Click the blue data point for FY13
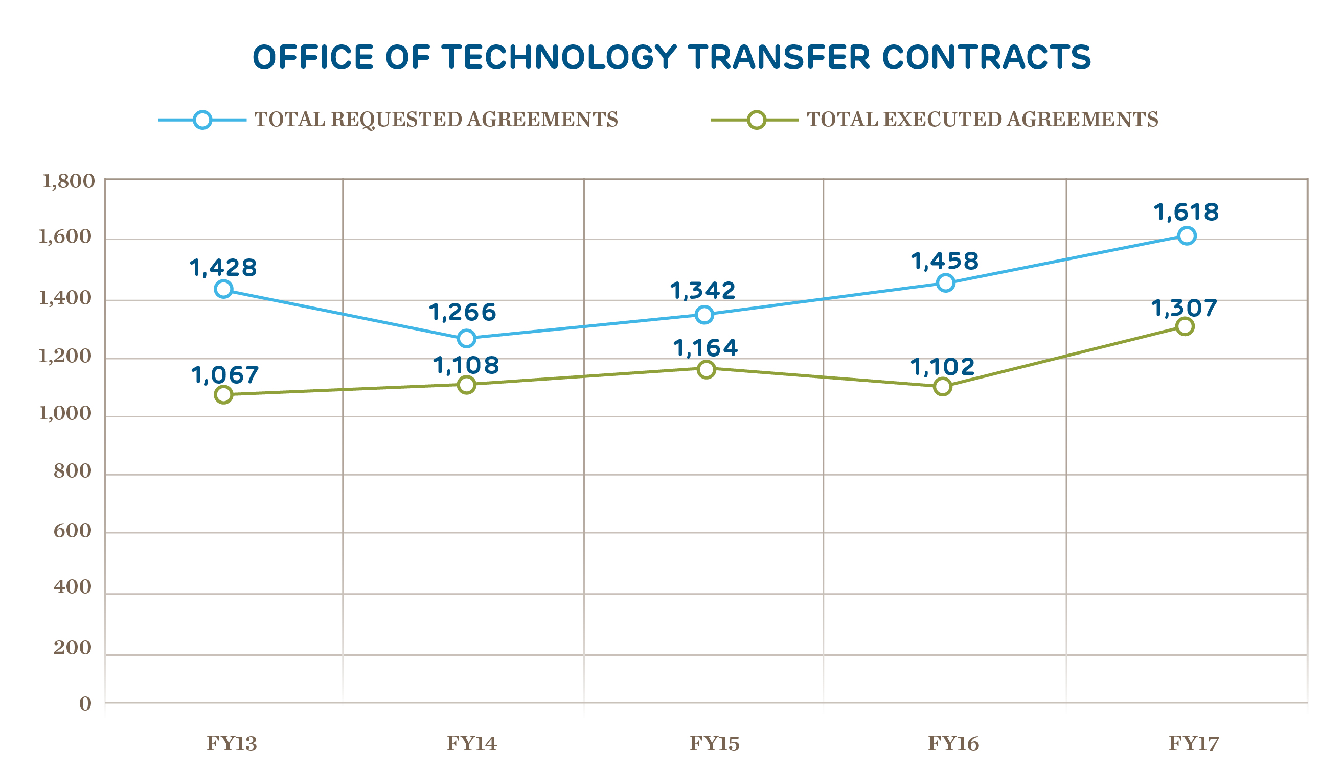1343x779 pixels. coord(223,289)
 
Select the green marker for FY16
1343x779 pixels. coord(942,387)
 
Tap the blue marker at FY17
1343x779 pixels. coord(1187,235)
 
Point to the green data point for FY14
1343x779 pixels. coord(466,385)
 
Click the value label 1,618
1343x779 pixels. coord(1186,213)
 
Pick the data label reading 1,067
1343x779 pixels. coord(225,375)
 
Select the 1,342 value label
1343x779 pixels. coord(703,291)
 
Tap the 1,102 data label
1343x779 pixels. coord(942,367)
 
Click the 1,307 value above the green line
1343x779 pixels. coord(1184,309)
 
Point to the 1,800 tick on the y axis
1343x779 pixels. coord(68,181)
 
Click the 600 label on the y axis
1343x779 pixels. coord(73,531)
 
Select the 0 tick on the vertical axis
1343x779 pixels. coord(85,704)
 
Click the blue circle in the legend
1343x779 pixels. coord(202,120)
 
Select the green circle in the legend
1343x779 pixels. coord(756,120)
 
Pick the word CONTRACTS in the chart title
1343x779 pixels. coord(987,58)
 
